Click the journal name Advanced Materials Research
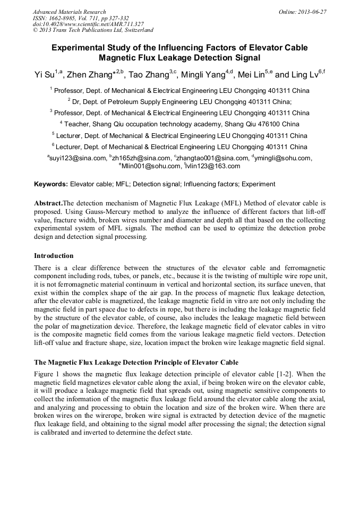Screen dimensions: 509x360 coord(69,12)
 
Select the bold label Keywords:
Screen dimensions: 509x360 coord(51,184)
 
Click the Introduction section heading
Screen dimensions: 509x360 coord(54,255)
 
